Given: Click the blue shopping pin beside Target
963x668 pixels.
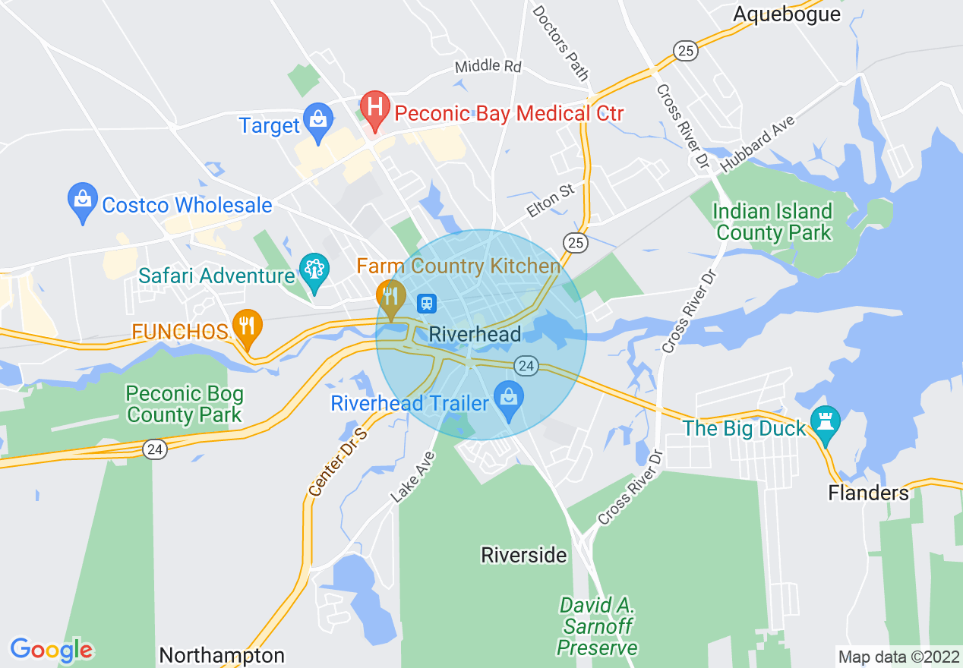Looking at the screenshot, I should (x=317, y=119).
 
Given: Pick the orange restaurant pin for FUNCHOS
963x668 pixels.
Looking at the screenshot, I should (x=248, y=326).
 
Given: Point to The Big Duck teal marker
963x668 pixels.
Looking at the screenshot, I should (x=824, y=422).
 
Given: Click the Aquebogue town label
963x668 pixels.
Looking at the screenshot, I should (x=787, y=14).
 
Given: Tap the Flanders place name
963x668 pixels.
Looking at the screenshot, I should (x=868, y=493).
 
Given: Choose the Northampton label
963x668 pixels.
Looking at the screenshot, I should (x=222, y=655).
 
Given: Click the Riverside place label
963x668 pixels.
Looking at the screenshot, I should (x=524, y=556).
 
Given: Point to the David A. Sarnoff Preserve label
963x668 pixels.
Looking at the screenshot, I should (x=598, y=626).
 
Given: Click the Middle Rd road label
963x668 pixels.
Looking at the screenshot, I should (x=488, y=67).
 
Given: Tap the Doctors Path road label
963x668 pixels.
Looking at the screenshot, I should (x=560, y=43).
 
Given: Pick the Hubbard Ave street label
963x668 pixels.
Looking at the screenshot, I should (x=758, y=143).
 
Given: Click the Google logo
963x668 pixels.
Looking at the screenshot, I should (x=52, y=651).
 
